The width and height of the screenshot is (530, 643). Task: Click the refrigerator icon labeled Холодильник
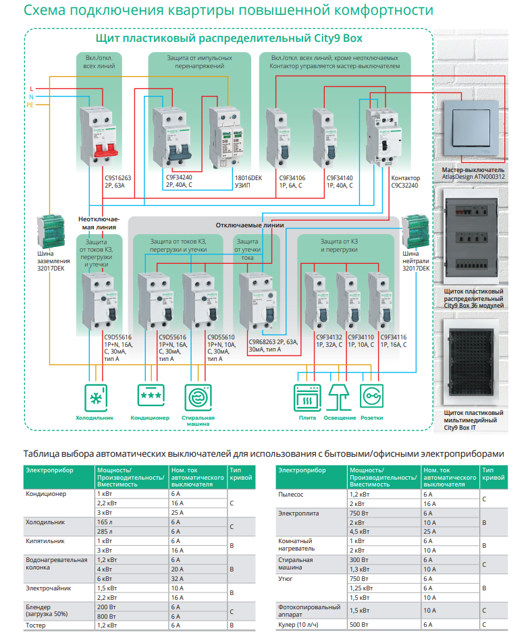tap(95, 397)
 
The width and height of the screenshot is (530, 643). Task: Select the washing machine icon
tap(198, 397)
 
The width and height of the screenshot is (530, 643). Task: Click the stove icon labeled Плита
tap(307, 397)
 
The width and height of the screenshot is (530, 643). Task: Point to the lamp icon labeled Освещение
tap(340, 397)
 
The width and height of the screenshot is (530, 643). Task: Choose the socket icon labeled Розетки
tap(372, 397)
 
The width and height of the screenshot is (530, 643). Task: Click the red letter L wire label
tap(31, 89)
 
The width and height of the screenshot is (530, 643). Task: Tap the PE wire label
tap(30, 105)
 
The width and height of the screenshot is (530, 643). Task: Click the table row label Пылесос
tap(292, 495)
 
